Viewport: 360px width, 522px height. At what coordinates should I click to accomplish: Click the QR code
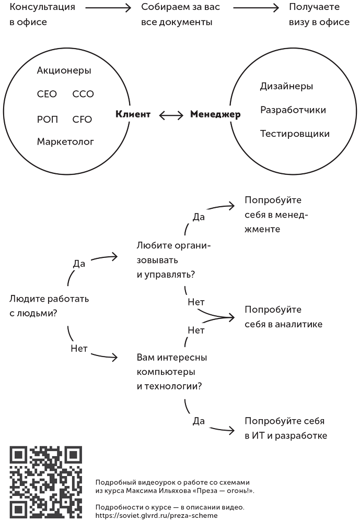pyautogui.click(x=46, y=482)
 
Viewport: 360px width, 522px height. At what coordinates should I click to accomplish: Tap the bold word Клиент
pyautogui.click(x=133, y=114)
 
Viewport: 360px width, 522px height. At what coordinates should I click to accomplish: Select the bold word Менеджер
pyautogui.click(x=215, y=114)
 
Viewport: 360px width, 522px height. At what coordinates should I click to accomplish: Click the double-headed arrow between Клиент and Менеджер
pyautogui.click(x=171, y=115)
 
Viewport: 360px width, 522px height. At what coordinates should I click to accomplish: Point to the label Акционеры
pyautogui.click(x=64, y=70)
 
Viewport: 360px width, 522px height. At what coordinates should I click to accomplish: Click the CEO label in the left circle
pyautogui.click(x=47, y=94)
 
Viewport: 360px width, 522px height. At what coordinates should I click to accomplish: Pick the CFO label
pyautogui.click(x=82, y=120)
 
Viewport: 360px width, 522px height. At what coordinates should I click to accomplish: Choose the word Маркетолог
pyautogui.click(x=65, y=141)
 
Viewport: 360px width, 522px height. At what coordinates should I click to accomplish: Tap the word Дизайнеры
pyautogui.click(x=286, y=86)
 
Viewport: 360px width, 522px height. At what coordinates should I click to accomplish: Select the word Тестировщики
pyautogui.click(x=295, y=134)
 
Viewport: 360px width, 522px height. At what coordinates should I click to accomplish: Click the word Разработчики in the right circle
pyautogui.click(x=293, y=110)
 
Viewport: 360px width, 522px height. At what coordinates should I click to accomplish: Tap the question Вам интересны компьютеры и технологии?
pyautogui.click(x=172, y=372)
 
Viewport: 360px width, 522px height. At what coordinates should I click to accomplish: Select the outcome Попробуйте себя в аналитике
pyautogui.click(x=283, y=317)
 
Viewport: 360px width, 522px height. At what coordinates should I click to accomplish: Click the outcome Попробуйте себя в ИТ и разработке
pyautogui.click(x=285, y=428)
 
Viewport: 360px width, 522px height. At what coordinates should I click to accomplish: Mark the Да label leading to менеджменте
pyautogui.click(x=199, y=217)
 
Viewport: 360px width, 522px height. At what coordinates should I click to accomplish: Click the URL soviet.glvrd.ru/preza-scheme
pyautogui.click(x=157, y=515)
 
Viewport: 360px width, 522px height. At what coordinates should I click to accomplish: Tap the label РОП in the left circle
pyautogui.click(x=48, y=120)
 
